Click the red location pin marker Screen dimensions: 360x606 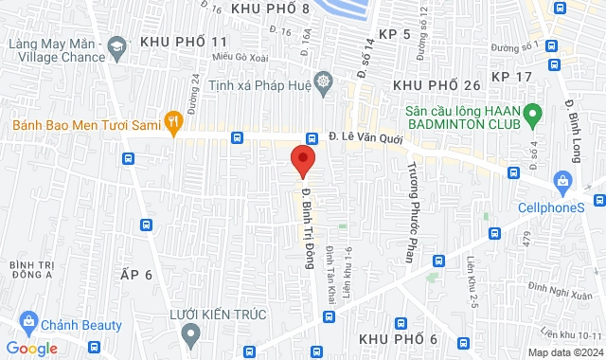point(303,159)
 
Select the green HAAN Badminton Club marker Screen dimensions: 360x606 point(532,117)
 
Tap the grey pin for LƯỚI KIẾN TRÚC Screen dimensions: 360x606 point(192,332)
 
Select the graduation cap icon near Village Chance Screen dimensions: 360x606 point(116,45)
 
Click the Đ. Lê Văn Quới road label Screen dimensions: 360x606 point(366,136)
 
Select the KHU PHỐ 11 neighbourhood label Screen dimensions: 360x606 point(184,43)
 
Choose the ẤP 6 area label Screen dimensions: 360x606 point(137,274)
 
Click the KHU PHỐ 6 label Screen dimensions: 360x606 point(398,339)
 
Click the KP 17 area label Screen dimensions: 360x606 point(513,75)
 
